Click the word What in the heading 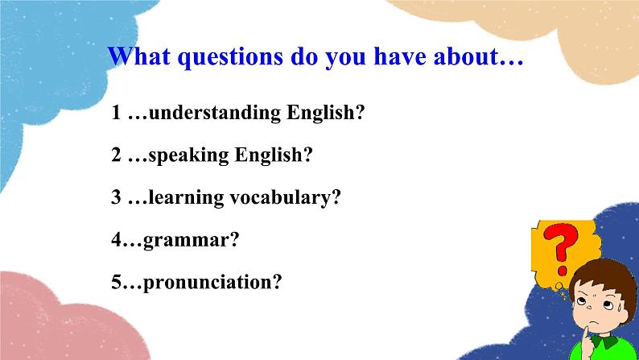click(x=139, y=56)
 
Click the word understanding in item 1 click(x=214, y=113)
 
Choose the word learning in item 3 click(x=186, y=198)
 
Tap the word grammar click(x=186, y=241)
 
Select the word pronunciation click(x=208, y=282)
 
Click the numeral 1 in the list click(x=117, y=113)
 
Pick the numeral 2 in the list click(x=117, y=155)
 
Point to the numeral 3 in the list click(x=117, y=198)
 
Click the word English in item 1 click(x=321, y=113)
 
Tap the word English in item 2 click(x=269, y=155)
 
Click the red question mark click(x=561, y=249)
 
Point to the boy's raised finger click(x=587, y=341)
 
